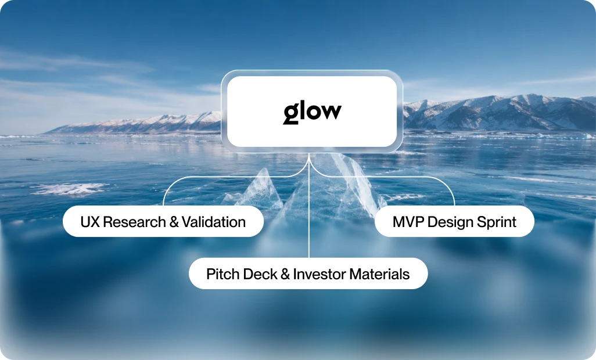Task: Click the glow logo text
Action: (x=312, y=113)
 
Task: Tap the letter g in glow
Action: (x=291, y=114)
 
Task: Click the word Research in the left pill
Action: (x=134, y=222)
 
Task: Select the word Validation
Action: (x=214, y=222)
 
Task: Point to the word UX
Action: (x=89, y=222)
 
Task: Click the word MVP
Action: (x=408, y=222)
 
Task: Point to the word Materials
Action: (x=379, y=274)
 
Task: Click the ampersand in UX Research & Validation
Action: (x=174, y=222)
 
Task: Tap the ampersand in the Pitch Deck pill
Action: (x=285, y=274)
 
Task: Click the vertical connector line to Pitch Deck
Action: (x=309, y=206)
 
